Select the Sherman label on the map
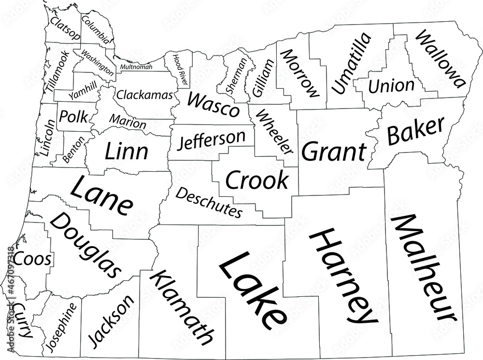(x=233, y=76)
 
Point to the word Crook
(x=256, y=180)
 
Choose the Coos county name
(x=32, y=259)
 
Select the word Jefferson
(x=211, y=140)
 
